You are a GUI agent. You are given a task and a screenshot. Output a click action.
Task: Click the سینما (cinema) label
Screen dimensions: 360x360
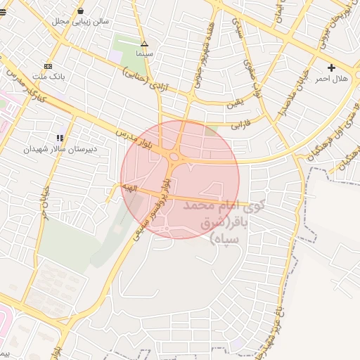pos(144,53)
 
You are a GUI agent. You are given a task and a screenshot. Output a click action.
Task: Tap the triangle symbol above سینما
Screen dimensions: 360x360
pos(144,44)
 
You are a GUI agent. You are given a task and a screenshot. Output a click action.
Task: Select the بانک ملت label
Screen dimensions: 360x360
pos(50,75)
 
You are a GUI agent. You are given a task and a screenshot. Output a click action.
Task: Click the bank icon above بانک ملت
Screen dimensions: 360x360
pos(48,65)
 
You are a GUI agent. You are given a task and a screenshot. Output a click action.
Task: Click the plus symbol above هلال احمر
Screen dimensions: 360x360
pos(331,67)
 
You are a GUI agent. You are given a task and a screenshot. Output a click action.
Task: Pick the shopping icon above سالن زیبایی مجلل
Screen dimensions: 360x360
pos(80,11)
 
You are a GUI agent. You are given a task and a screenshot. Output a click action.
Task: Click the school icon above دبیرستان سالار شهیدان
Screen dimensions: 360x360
pos(60,138)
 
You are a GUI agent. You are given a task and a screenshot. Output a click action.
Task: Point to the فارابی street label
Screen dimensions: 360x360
pos(240,126)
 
